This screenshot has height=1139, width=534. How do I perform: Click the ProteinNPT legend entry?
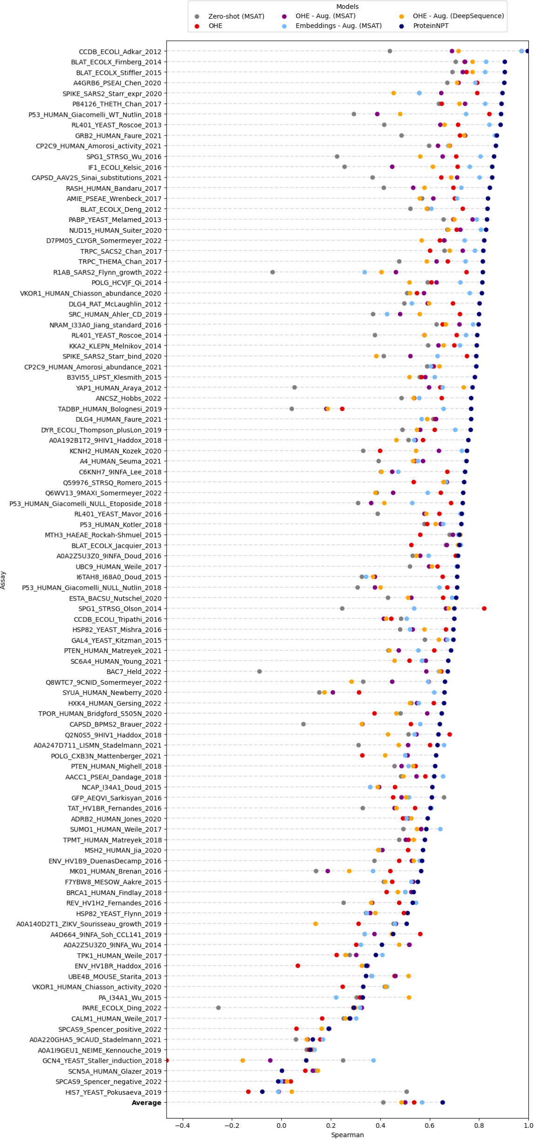[x=430, y=26]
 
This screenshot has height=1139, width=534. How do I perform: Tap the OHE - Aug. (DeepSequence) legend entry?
[x=458, y=16]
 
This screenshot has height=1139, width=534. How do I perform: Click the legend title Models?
[x=347, y=7]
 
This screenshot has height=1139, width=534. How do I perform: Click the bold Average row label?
[x=146, y=1102]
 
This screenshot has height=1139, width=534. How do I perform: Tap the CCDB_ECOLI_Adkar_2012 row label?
[x=120, y=52]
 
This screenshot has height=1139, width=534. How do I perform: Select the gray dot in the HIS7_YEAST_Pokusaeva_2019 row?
[x=406, y=1092]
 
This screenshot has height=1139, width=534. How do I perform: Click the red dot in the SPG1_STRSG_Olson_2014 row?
[x=484, y=608]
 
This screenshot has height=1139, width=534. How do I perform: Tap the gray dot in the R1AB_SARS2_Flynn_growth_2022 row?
[x=273, y=272]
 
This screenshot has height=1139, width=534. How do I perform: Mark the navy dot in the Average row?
[x=443, y=1102]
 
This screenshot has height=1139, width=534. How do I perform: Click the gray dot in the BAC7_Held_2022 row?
[x=260, y=671]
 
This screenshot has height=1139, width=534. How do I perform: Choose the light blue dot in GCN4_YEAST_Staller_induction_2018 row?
[x=373, y=1060]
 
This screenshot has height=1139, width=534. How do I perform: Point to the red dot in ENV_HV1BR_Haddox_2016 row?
[x=298, y=966]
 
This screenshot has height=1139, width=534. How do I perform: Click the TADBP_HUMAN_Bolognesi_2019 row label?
[x=109, y=409]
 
